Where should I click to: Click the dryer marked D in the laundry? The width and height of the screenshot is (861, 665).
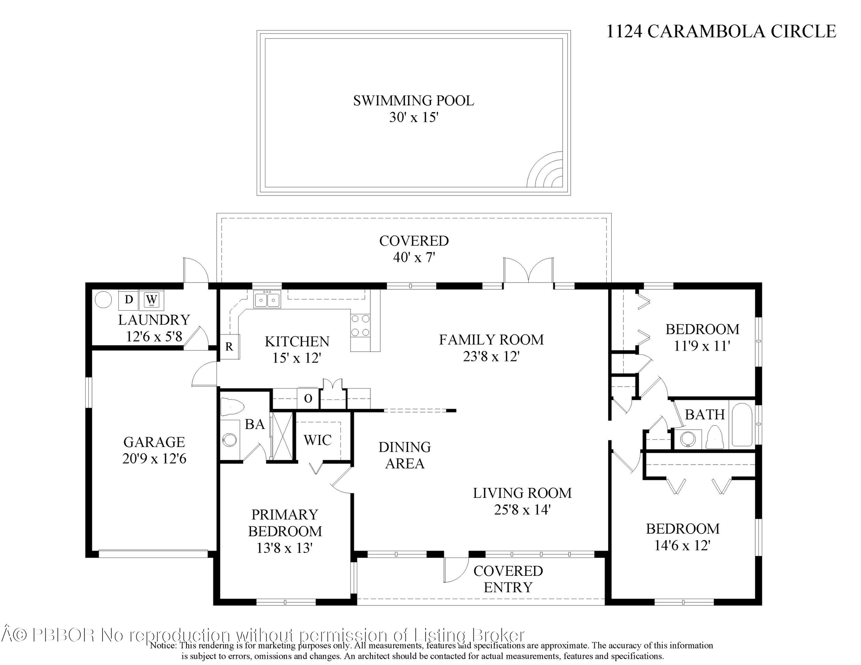click(x=129, y=300)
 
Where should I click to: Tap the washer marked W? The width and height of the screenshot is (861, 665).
click(x=152, y=300)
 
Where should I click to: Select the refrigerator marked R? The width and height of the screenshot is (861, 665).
click(x=229, y=347)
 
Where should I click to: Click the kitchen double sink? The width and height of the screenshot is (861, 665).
click(x=267, y=299)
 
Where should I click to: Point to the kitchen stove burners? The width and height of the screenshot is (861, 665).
click(x=360, y=326)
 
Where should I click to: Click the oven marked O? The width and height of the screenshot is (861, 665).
click(x=308, y=398)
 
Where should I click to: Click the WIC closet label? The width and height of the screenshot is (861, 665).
click(x=317, y=440)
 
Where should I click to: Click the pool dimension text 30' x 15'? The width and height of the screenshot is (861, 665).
click(x=413, y=117)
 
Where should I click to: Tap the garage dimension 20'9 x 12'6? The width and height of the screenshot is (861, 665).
click(x=154, y=459)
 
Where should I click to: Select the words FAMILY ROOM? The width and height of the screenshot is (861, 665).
click(x=491, y=339)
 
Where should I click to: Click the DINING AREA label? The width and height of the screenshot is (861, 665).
click(x=405, y=455)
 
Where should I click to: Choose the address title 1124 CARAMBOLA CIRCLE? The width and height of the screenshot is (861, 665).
click(x=721, y=31)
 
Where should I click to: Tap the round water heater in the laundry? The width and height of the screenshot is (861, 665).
click(x=103, y=300)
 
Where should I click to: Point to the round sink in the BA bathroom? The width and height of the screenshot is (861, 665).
click(x=230, y=439)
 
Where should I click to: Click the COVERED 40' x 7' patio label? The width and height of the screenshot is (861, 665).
click(x=414, y=249)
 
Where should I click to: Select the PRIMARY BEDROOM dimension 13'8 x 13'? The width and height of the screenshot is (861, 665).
click(x=285, y=548)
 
